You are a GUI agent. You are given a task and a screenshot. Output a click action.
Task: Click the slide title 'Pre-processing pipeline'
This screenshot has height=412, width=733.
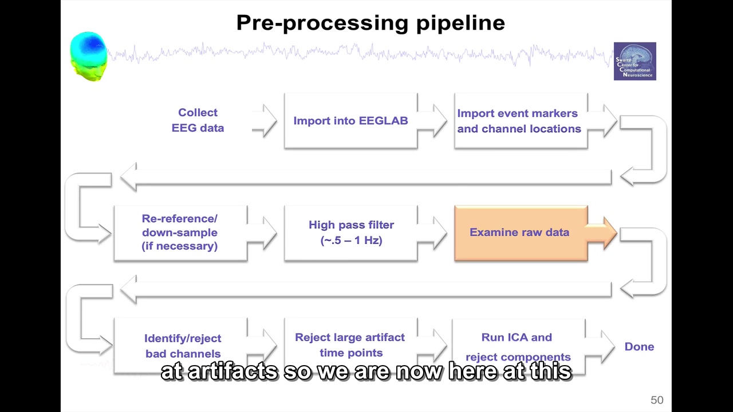370,23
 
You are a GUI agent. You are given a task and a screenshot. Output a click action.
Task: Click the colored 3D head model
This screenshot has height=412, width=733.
89,56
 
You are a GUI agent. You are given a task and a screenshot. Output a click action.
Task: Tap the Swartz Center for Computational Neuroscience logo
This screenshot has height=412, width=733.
635,61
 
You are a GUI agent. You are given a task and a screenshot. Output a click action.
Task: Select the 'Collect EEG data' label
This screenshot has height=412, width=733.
198,120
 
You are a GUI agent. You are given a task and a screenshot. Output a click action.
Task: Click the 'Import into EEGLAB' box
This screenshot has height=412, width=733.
350,121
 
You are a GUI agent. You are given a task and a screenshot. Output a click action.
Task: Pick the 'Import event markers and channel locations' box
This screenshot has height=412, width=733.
520,121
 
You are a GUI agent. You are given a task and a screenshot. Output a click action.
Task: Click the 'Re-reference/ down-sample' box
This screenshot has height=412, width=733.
180,233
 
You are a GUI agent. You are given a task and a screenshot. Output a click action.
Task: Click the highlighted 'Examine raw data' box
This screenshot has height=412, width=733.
520,233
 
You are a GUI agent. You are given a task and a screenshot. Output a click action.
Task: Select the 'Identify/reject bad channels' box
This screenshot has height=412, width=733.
183,346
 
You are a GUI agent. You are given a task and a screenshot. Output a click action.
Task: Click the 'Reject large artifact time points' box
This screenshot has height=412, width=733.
350,345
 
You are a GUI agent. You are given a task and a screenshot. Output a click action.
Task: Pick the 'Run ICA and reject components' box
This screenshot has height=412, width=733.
518,347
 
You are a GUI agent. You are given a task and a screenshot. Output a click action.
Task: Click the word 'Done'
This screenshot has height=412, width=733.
639,347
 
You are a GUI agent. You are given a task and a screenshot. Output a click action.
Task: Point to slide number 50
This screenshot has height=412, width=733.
656,401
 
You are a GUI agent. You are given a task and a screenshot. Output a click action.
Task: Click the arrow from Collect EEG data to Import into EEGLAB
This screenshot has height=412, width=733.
266,121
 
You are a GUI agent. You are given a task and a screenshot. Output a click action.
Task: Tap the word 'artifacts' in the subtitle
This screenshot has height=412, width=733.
232,372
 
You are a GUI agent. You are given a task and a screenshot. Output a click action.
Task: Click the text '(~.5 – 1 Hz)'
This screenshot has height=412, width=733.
351,240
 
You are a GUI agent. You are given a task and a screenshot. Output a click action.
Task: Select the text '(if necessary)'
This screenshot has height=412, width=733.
180,247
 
